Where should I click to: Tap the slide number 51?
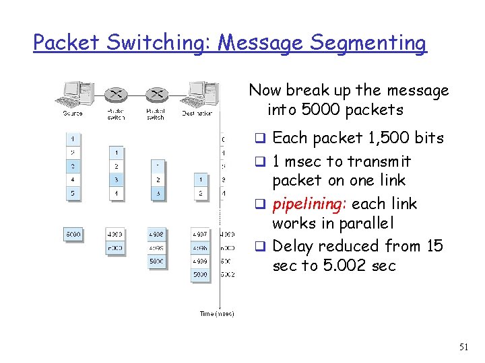[x=463, y=347]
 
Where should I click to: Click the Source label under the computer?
[x=73, y=114]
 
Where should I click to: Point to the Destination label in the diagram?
[x=197, y=114]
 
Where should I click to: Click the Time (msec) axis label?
[x=216, y=314]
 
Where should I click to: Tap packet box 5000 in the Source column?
[x=73, y=235]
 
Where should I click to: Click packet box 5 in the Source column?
[x=73, y=194]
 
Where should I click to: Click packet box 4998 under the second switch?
[x=157, y=235]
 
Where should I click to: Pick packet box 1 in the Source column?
[x=73, y=139]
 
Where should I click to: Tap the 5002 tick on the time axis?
[x=227, y=274]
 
